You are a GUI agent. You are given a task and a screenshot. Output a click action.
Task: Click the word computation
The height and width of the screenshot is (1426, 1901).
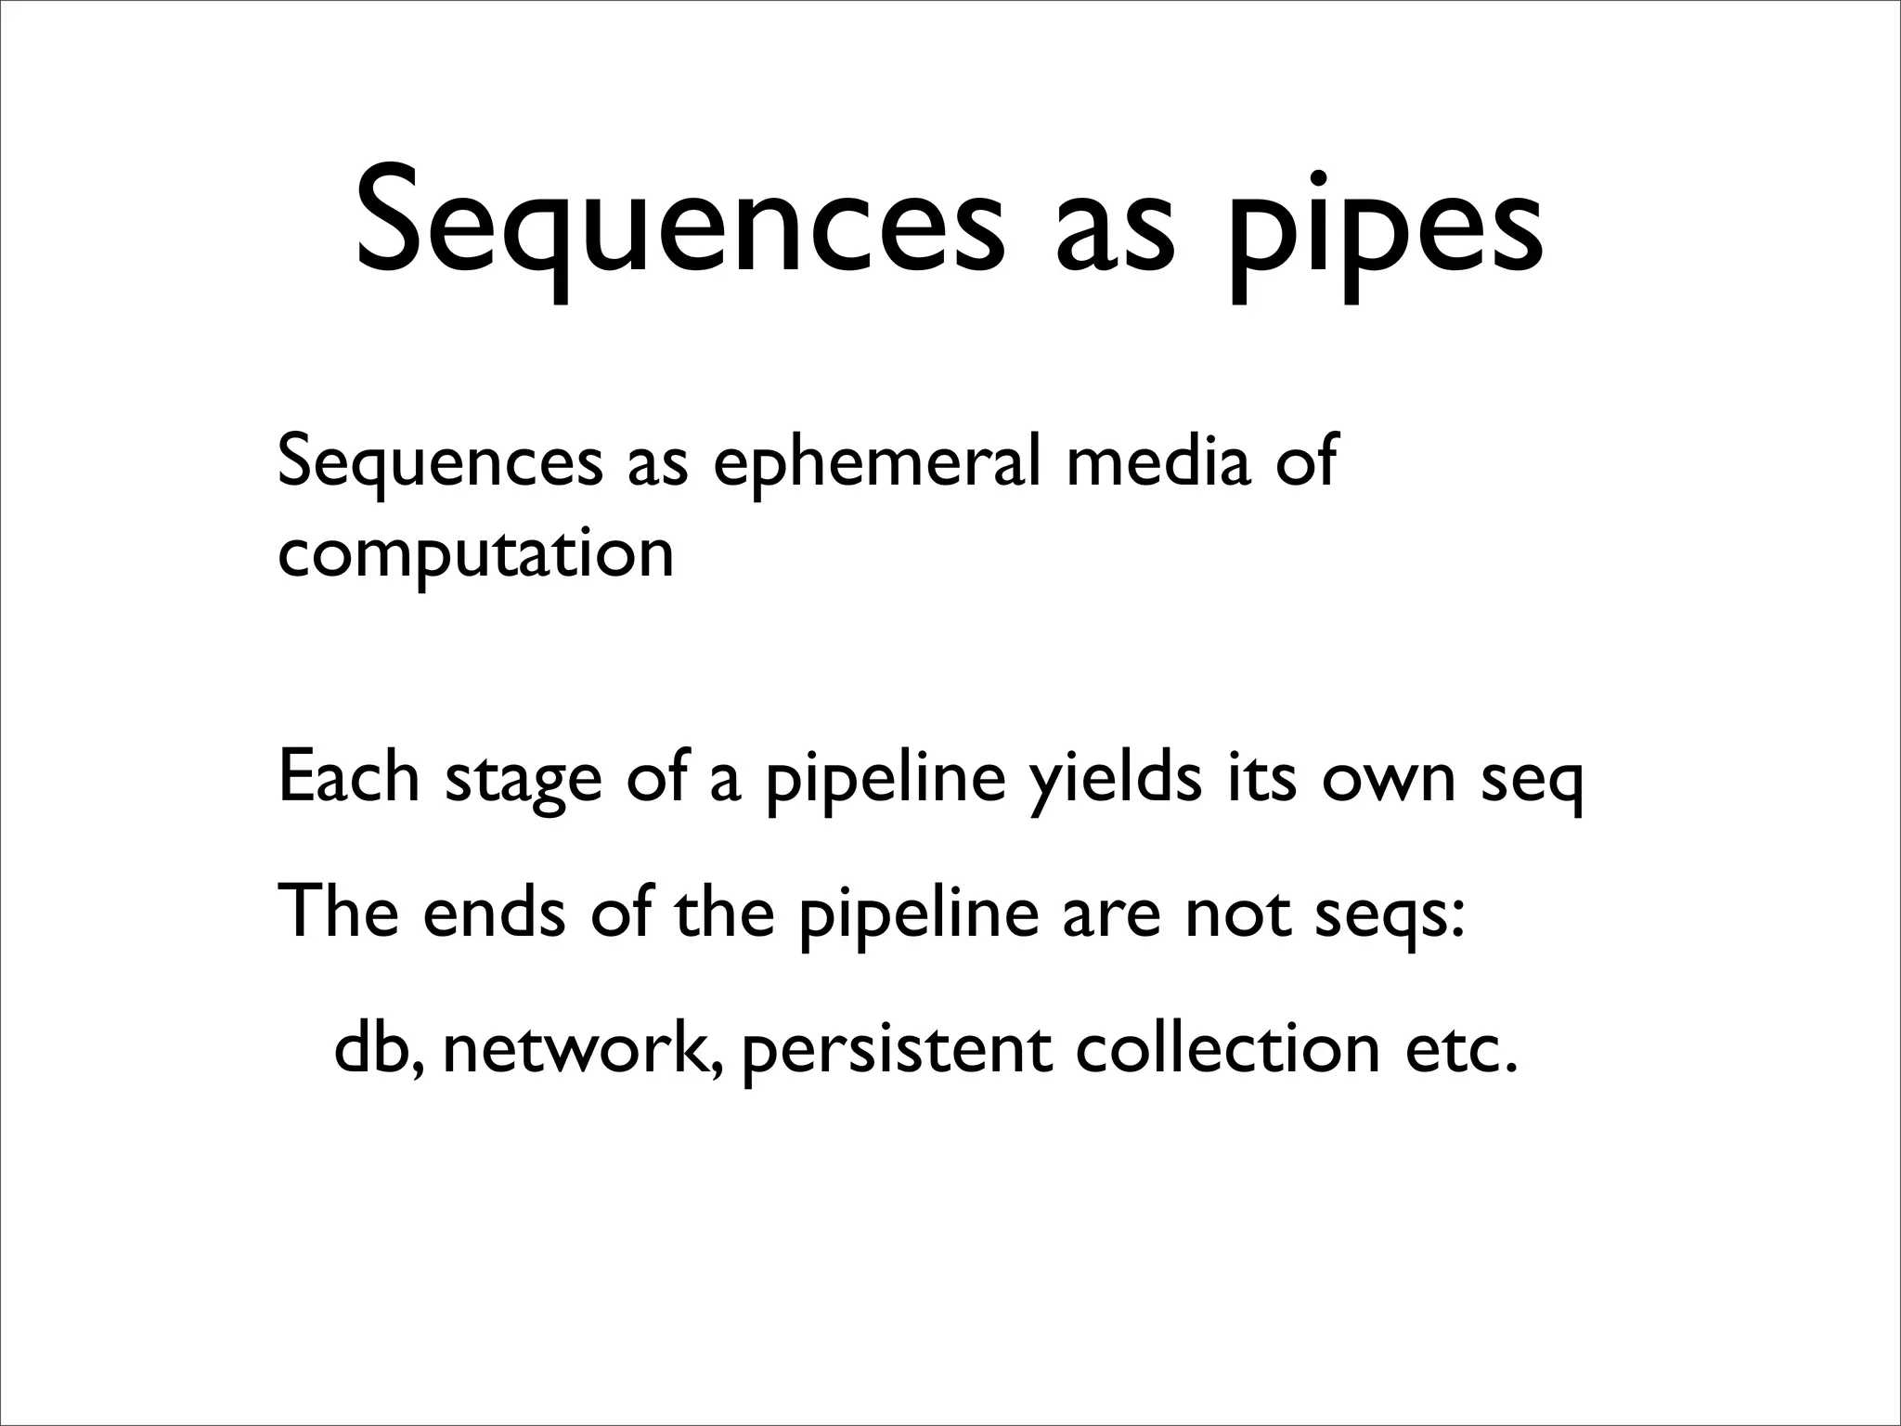click(x=475, y=555)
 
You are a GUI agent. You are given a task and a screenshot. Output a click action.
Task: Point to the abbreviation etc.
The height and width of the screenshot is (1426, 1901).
click(x=1461, y=1049)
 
